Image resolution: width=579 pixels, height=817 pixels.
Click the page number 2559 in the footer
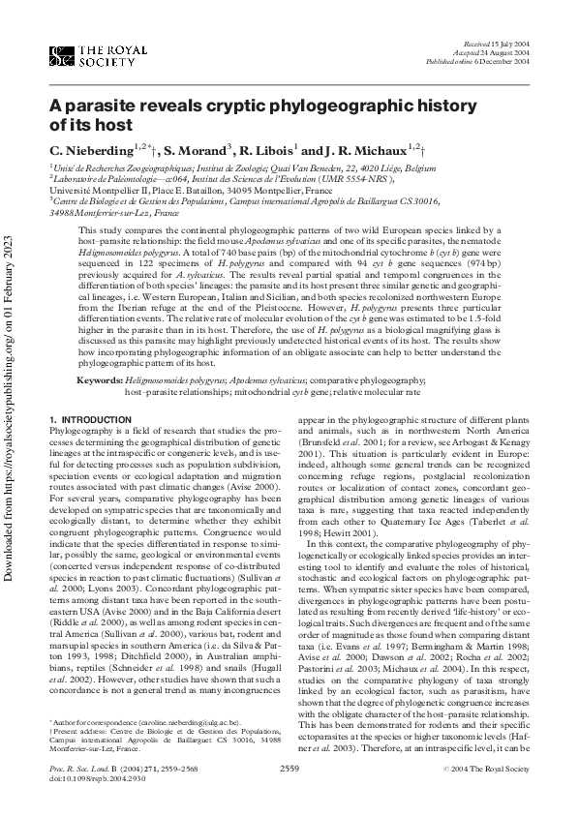point(289,795)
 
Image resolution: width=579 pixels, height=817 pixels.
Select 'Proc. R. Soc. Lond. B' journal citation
point(87,795)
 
